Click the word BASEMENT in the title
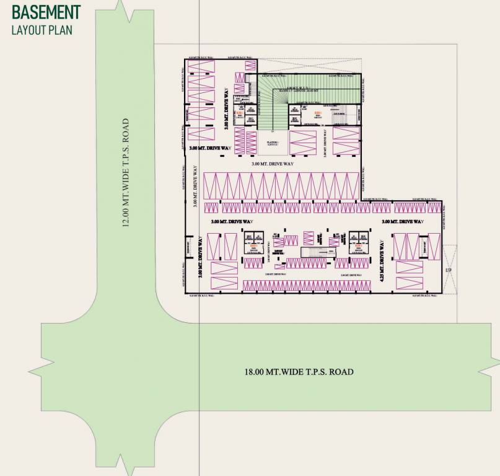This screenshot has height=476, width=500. coord(46,12)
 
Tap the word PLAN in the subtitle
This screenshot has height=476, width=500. coord(60,29)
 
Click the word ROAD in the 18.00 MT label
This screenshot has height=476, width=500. coord(340,372)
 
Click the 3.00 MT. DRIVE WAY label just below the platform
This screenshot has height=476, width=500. coord(273,164)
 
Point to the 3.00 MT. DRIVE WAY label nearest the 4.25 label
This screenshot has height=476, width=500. coord(401,221)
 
